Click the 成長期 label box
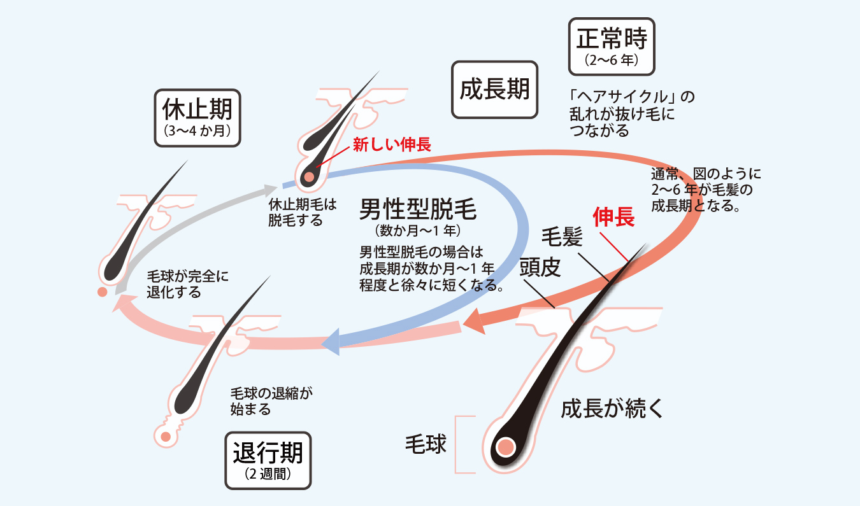click(x=494, y=90)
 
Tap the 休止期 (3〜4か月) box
click(x=197, y=118)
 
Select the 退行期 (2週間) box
click(x=268, y=460)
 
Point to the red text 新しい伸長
click(x=392, y=145)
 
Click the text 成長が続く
click(x=612, y=409)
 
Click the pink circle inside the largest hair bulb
click(x=506, y=447)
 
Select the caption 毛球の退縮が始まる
click(x=271, y=400)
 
